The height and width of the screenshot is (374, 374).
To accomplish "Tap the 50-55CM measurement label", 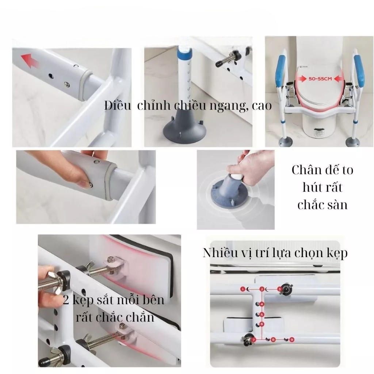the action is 320,79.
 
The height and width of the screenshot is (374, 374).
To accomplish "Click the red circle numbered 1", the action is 243,289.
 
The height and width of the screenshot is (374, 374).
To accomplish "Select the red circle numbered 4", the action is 262,304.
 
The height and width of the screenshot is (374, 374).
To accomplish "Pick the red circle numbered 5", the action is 262,314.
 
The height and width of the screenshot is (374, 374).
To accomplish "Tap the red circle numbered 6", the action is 262,324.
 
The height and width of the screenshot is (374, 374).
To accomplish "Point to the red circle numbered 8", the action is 273,340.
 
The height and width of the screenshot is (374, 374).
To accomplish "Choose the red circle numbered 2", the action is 262,289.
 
